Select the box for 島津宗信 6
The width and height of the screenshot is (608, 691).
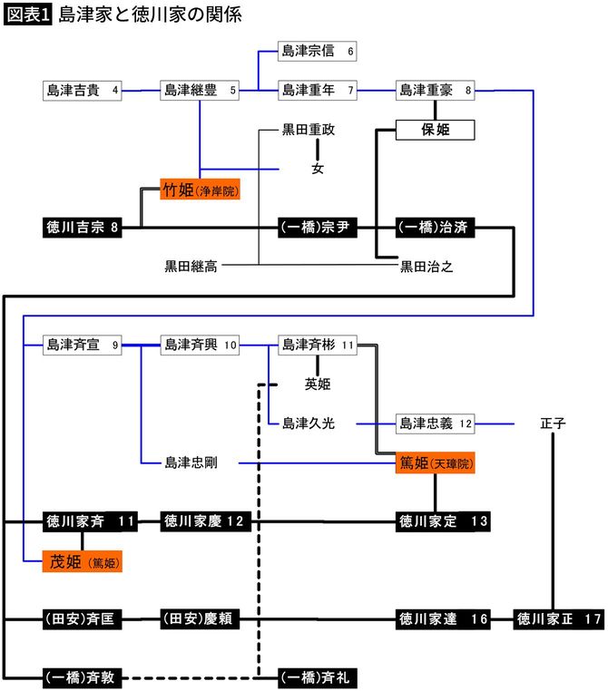point(317,52)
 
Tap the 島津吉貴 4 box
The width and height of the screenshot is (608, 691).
point(83,90)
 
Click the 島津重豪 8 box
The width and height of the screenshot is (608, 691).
point(436,90)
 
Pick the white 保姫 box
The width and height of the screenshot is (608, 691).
point(436,130)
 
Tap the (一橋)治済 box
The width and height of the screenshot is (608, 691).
point(436,228)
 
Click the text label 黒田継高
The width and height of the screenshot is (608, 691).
point(191,266)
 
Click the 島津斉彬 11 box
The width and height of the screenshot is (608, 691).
point(317,345)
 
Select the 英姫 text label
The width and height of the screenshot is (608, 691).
point(318,384)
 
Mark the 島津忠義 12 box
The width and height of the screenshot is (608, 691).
point(436,423)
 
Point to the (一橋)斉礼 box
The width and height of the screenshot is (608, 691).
point(317,676)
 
